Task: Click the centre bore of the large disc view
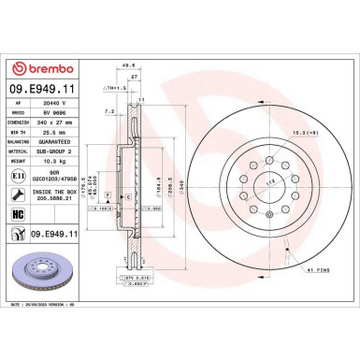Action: pos(266,180)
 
